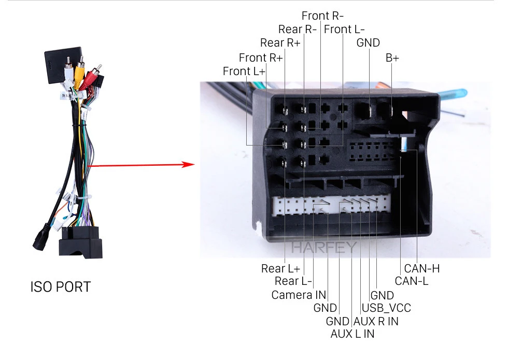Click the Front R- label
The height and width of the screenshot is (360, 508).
coord(322,16)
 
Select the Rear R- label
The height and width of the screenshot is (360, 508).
coord(297,29)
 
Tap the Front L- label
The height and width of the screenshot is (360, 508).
coord(344,29)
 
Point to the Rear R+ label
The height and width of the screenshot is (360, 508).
coord(280,42)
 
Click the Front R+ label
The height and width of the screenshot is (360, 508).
coord(261,57)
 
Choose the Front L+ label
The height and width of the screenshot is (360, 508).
coord(244,71)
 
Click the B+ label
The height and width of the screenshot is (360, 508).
coord(392,58)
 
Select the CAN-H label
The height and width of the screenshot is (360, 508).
coord(421,268)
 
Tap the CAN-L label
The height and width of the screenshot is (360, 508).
coord(412,281)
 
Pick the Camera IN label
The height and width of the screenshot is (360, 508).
coord(299,295)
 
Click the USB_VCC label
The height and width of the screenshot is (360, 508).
coord(386,308)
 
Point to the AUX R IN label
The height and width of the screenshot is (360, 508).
coord(376,321)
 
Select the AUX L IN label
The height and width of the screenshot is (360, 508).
coord(352,334)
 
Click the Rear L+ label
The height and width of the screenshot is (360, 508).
coord(280,268)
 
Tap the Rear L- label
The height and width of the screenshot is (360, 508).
coord(293,281)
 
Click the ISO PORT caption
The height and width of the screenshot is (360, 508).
coord(60,286)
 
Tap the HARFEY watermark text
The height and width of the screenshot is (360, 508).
coord(324,247)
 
